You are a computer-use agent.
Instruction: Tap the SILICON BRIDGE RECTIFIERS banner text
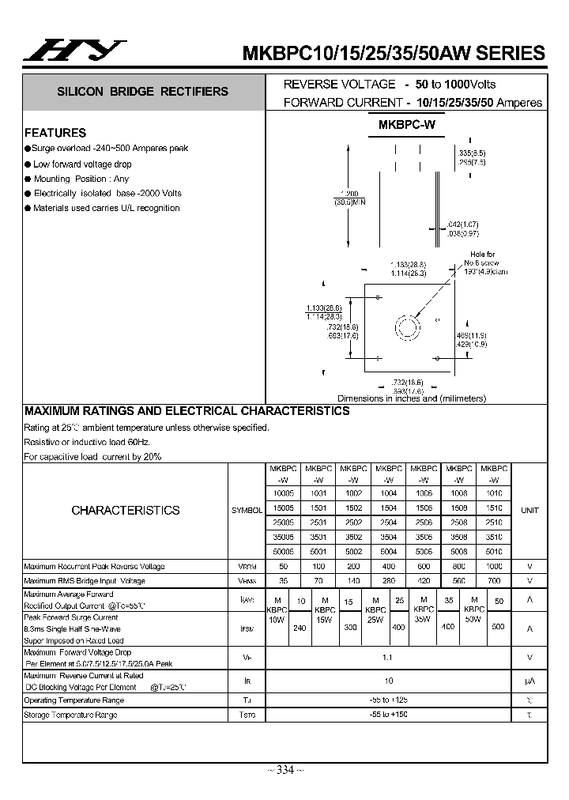[142, 92]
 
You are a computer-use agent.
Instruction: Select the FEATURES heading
[55, 133]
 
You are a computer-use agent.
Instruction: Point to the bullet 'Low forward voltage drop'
[82, 164]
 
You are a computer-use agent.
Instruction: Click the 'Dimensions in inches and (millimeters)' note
[412, 398]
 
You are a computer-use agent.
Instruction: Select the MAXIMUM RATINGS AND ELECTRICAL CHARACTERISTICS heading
[187, 411]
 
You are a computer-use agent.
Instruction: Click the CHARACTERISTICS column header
[126, 510]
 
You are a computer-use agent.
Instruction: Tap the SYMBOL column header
[247, 511]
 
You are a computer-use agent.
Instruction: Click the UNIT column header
[529, 510]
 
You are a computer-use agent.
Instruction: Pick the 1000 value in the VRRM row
[494, 567]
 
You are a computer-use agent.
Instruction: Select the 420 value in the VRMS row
[424, 581]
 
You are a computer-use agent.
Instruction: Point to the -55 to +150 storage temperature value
[388, 715]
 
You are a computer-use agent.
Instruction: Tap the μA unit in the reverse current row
[529, 680]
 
